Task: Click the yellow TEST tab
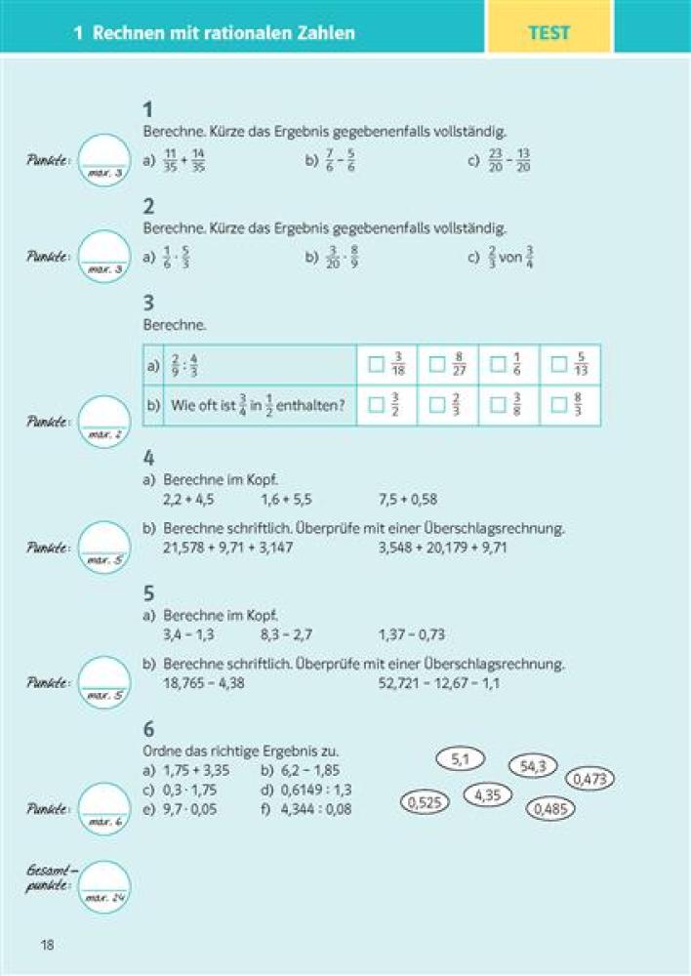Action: pos(549,32)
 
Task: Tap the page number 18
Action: pos(47,944)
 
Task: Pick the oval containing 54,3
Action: pos(533,766)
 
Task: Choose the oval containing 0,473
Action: pos(589,779)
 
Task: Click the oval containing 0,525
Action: pos(425,803)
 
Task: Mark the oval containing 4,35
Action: pos(488,795)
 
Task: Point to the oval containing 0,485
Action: pos(550,809)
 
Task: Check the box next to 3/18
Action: pos(376,365)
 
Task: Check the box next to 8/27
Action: pos(437,365)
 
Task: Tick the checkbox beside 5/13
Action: pos(559,365)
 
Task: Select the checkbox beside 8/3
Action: pos(559,405)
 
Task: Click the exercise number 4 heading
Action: pos(148,458)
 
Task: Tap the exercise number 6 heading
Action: pos(148,730)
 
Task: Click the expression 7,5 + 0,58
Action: pos(408,500)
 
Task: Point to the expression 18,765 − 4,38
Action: pos(204,683)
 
